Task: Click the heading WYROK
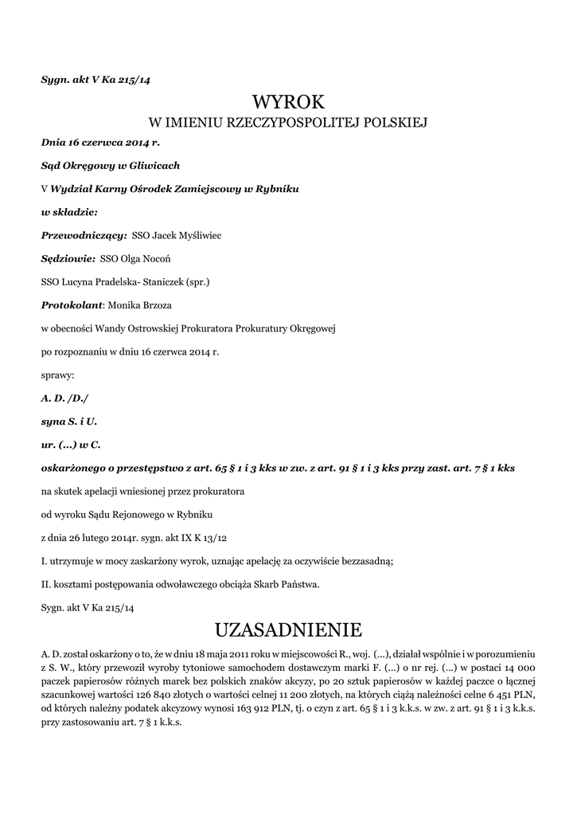click(x=288, y=102)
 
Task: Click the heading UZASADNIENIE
click(x=288, y=630)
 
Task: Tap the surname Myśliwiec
click(x=199, y=236)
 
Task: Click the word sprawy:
click(x=57, y=374)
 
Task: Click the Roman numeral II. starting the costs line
click(x=45, y=584)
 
